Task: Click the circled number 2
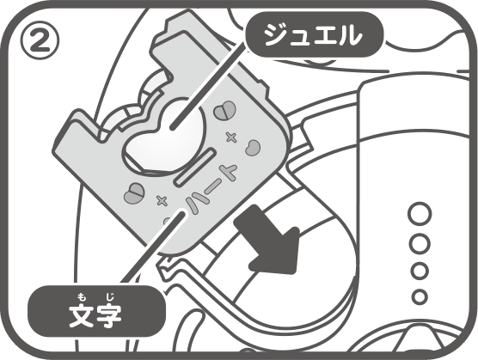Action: pyautogui.click(x=40, y=40)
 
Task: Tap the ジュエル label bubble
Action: pyautogui.click(x=314, y=34)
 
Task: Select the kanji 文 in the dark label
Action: pyautogui.click(x=81, y=315)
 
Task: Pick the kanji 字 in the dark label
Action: pyautogui.click(x=109, y=315)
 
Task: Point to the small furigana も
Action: pyautogui.click(x=81, y=296)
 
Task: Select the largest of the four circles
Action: pyautogui.click(x=420, y=214)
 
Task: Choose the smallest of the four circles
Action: pyautogui.click(x=420, y=296)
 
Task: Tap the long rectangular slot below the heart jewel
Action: pyautogui.click(x=195, y=167)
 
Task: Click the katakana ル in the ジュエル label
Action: pyautogui.click(x=350, y=34)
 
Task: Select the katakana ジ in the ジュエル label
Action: pyautogui.click(x=276, y=34)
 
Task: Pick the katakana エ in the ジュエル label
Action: pyautogui.click(x=324, y=36)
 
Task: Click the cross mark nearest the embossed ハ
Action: pyautogui.click(x=162, y=200)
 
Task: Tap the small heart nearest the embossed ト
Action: pyautogui.click(x=253, y=148)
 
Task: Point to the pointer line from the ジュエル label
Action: pyautogui.click(x=208, y=86)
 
